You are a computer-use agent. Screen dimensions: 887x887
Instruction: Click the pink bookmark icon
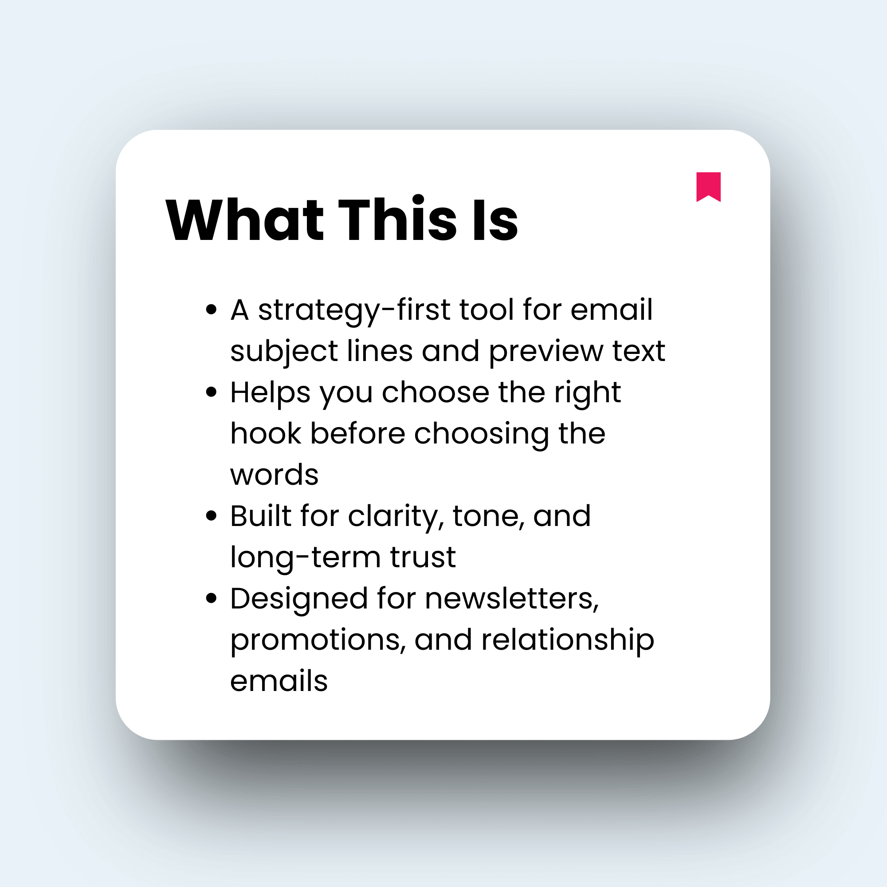point(708,186)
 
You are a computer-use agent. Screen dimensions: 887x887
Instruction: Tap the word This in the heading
point(397,220)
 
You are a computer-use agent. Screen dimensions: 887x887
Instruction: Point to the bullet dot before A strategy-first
point(211,310)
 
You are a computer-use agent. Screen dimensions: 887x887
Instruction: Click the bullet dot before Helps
point(211,392)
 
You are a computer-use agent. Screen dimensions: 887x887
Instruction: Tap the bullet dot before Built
point(211,516)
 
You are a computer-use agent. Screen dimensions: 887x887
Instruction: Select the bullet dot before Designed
point(211,598)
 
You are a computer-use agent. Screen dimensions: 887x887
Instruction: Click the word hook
point(266,433)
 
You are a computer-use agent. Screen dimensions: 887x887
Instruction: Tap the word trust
point(423,557)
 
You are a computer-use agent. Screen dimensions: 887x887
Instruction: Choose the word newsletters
point(512,598)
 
